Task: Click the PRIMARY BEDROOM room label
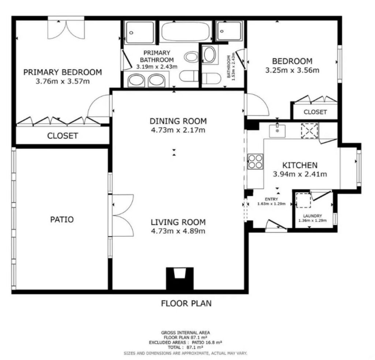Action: click(62, 72)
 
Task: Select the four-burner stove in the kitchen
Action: click(255, 161)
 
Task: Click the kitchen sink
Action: click(277, 131)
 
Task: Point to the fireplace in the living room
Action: click(179, 278)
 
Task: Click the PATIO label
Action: click(62, 219)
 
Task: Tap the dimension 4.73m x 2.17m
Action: click(178, 130)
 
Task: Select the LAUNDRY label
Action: click(313, 216)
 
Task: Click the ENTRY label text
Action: click(271, 199)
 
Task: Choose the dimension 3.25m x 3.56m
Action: click(292, 70)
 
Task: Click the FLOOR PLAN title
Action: click(186, 303)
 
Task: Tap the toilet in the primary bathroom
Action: click(189, 76)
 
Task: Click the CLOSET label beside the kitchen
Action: click(315, 112)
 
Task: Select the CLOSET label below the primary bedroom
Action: click(62, 136)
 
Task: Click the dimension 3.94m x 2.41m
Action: click(300, 174)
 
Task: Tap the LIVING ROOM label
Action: click(178, 222)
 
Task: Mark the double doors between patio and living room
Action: click(122, 215)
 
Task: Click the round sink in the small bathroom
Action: click(210, 55)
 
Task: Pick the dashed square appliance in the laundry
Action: click(303, 200)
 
